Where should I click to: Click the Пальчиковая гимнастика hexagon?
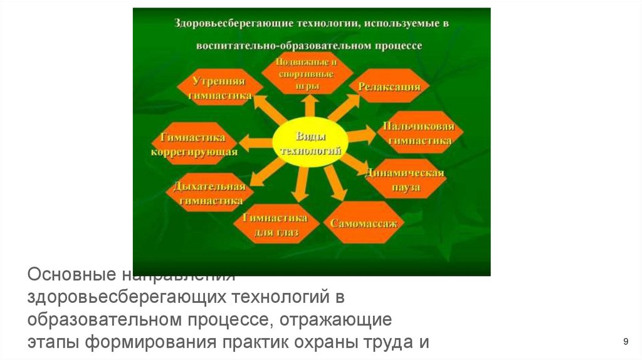(x=420, y=134)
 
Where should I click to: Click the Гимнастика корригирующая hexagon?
(x=194, y=144)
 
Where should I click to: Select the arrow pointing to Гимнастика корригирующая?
(x=254, y=143)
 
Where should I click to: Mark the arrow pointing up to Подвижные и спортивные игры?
(x=307, y=107)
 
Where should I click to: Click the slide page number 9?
(x=626, y=341)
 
